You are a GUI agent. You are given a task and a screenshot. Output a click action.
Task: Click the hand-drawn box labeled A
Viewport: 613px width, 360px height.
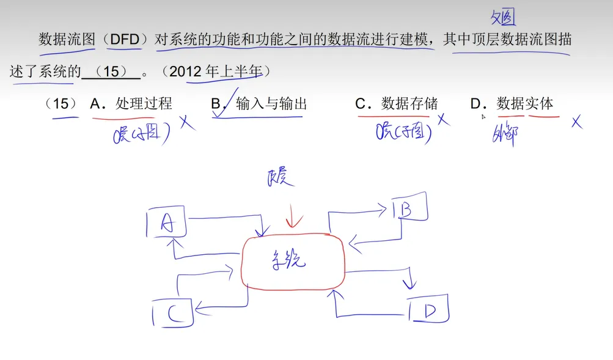[x=166, y=224]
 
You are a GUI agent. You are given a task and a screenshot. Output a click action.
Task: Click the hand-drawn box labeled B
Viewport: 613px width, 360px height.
[x=408, y=210]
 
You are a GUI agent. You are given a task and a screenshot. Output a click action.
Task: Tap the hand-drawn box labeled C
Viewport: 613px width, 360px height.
[x=172, y=314]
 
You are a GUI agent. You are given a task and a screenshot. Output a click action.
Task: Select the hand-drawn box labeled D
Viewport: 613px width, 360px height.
[x=428, y=311]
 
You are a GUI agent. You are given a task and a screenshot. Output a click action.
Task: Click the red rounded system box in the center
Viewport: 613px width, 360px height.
[x=293, y=262]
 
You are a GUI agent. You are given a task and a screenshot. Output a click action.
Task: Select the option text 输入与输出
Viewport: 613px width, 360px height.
[x=271, y=104]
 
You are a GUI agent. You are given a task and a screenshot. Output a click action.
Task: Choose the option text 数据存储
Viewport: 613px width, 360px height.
[x=409, y=104]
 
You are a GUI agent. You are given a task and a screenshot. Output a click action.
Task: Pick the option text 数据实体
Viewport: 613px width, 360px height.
[x=525, y=104]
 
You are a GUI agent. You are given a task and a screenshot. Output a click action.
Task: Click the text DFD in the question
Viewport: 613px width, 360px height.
[x=125, y=40]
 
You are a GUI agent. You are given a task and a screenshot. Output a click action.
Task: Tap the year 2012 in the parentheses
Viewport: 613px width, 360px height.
[x=186, y=72]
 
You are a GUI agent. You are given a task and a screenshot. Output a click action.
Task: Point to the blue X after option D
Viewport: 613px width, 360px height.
[x=575, y=122]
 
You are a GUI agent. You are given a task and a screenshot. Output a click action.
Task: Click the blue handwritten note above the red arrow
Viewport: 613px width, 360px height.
[x=281, y=177]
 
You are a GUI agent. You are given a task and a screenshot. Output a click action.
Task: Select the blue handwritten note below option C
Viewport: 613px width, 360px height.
[x=403, y=131]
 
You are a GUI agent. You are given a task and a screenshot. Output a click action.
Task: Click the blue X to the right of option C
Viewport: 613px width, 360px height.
[x=444, y=119]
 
